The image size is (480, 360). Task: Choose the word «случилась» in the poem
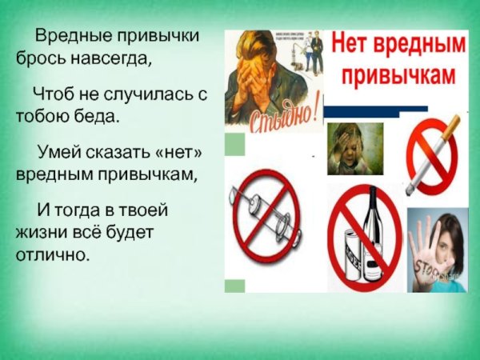point(138,95)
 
